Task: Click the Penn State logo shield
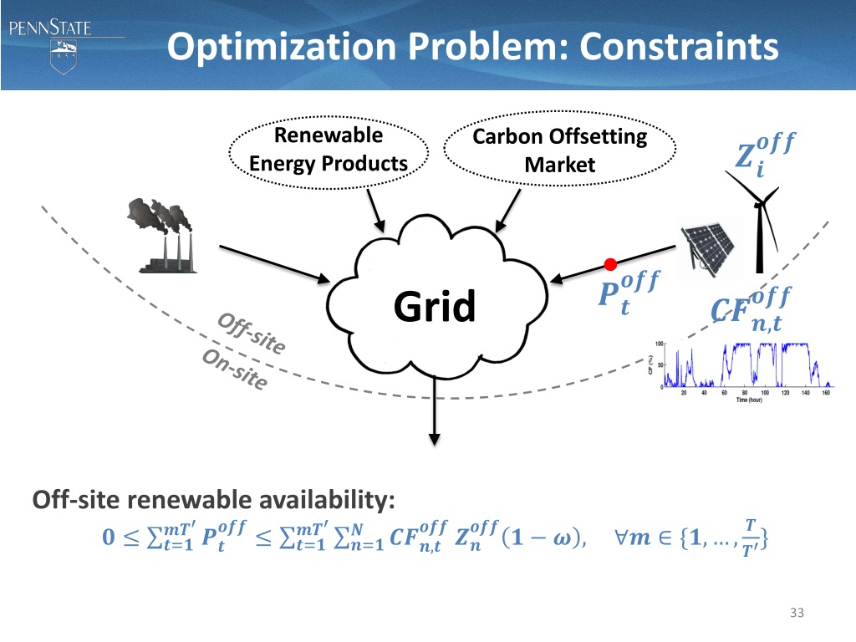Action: pos(60,58)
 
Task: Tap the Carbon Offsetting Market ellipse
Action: pos(559,150)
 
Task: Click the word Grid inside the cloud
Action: pos(435,306)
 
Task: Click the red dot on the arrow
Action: pos(610,265)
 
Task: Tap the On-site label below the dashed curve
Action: pos(235,369)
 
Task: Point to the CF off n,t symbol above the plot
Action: pos(746,308)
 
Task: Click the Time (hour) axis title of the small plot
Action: pos(755,400)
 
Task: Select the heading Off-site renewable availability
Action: pos(213,500)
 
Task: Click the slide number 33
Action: pos(796,614)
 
